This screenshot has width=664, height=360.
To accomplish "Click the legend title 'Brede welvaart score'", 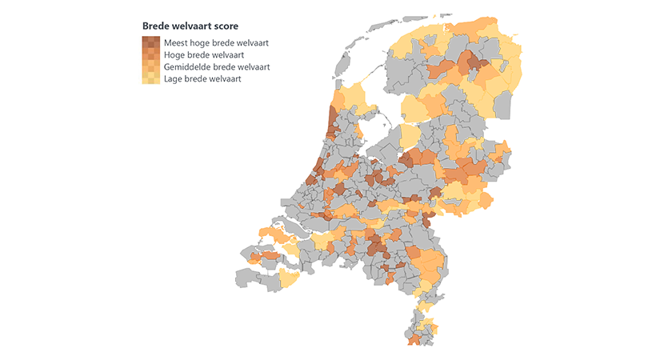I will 190,26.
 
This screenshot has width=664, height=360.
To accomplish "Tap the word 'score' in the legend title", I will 225,26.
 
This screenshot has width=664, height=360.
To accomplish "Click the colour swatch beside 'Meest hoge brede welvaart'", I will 150,42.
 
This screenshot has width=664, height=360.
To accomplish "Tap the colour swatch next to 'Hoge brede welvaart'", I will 150,54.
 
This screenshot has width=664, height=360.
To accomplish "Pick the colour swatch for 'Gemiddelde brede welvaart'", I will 150,66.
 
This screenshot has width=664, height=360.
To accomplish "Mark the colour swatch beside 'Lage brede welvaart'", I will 150,79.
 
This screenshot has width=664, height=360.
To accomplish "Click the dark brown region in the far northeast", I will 475,63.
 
